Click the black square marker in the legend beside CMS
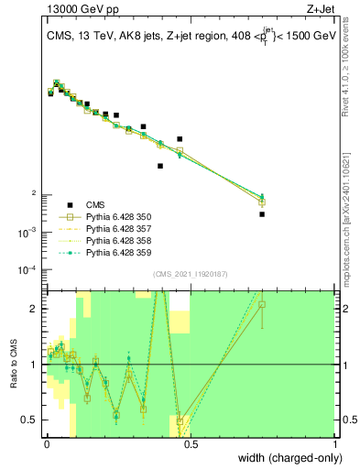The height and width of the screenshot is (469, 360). point(70,204)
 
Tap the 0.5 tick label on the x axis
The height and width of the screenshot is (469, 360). point(191,442)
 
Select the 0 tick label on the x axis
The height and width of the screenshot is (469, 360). point(46,442)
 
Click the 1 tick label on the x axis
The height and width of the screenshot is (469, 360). point(336,442)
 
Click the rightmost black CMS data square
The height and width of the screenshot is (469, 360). point(262,214)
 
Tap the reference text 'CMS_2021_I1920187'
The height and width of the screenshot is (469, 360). point(191,275)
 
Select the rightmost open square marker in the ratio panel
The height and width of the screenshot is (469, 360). point(262,304)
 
